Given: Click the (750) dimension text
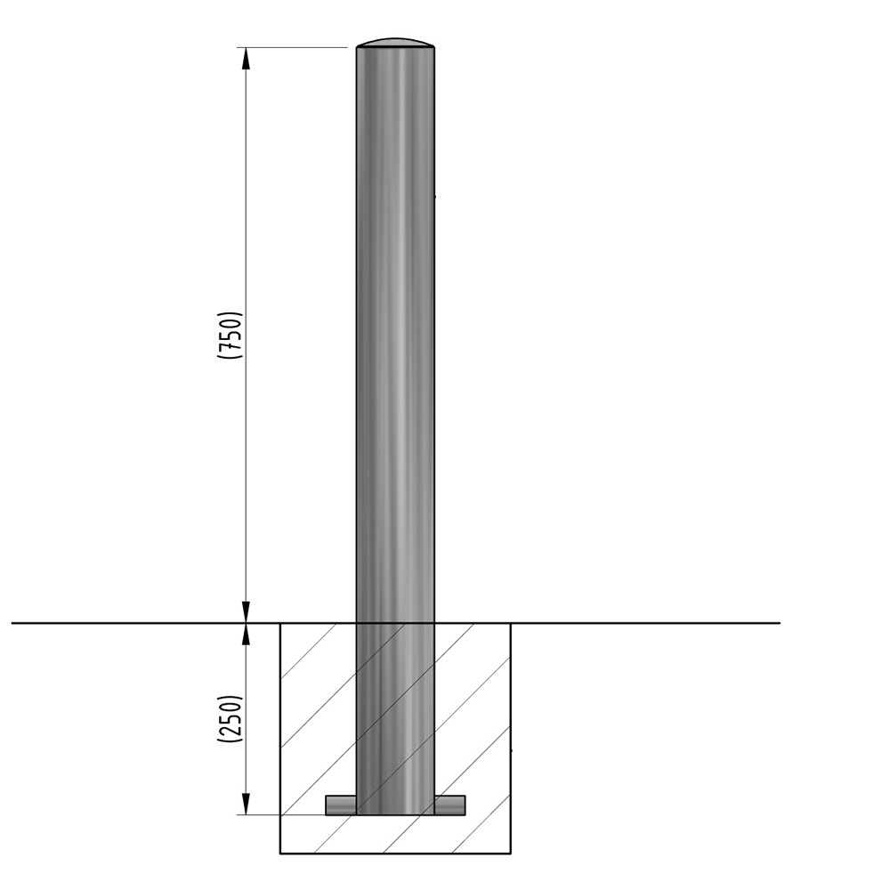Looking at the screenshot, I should coord(230,336).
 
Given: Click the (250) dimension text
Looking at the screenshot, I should coord(230,718).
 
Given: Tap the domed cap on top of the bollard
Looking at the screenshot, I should coord(396,42).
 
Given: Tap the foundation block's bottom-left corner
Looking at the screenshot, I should coord(281,853).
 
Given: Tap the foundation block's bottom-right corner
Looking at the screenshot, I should coord(511,853).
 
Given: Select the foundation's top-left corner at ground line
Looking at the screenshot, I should coord(281,623).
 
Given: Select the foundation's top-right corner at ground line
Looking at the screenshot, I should coord(511,623).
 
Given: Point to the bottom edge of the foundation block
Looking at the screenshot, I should coord(396,853).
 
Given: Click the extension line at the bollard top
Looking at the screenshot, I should coord(294,46).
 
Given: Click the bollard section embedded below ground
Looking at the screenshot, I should coord(396,712).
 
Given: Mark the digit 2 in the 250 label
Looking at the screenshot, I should coord(230,732).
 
